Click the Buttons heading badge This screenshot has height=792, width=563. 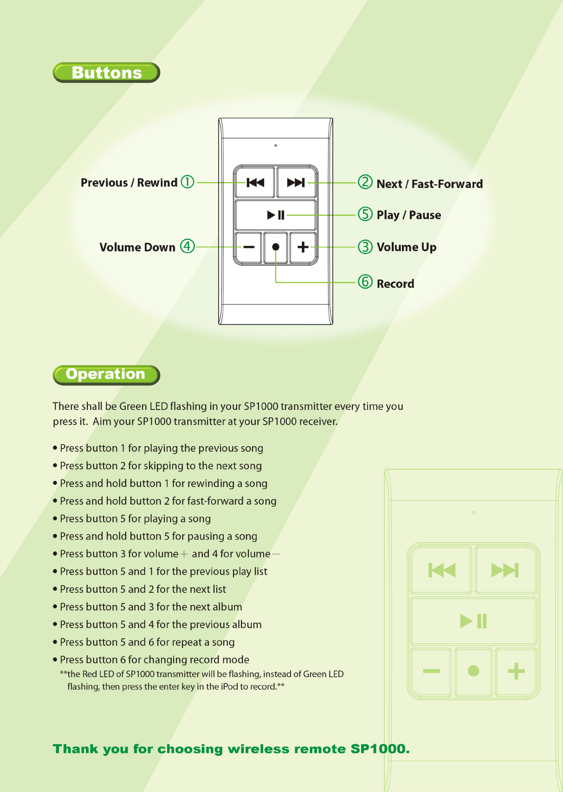click(106, 73)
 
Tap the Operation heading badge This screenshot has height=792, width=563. click(106, 375)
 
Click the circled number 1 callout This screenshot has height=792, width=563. click(187, 182)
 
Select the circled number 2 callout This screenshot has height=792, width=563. click(365, 182)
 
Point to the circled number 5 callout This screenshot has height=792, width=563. click(365, 214)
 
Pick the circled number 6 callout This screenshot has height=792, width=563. click(365, 281)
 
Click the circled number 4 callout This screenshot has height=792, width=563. click(187, 246)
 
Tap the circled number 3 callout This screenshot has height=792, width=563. click(365, 247)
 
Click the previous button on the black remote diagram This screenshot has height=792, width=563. click(255, 182)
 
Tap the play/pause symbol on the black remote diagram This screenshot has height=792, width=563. click(276, 215)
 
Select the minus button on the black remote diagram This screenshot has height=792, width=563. click(249, 247)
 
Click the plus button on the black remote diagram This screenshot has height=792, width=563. click(303, 247)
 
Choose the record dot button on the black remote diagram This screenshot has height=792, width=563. click(276, 247)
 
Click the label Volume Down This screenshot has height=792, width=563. click(137, 247)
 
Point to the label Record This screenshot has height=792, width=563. click(395, 284)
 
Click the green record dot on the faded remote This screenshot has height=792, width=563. click(473, 671)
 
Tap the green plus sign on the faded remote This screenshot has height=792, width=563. click(516, 671)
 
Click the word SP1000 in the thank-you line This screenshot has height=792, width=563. click(380, 749)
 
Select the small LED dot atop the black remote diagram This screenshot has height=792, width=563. click(276, 146)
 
